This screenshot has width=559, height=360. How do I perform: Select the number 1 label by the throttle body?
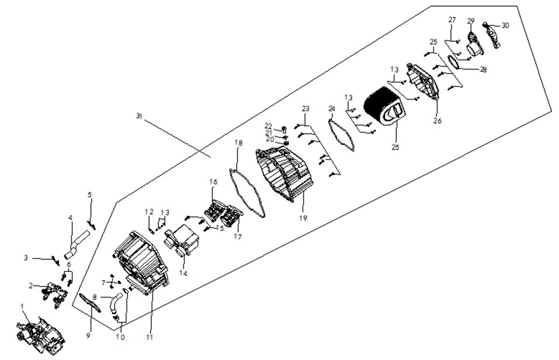point(22,306)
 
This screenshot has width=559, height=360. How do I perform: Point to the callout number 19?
point(303,218)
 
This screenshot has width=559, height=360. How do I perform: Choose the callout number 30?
point(505,25)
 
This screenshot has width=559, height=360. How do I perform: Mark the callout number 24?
point(332,108)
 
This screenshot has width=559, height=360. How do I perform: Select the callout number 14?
point(183,274)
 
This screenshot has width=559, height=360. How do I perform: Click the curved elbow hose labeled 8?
point(117,304)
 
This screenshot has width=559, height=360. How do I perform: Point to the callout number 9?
point(88,335)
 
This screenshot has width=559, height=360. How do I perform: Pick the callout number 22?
point(268,126)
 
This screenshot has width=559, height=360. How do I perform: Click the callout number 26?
point(438,120)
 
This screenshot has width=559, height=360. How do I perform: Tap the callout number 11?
point(150,337)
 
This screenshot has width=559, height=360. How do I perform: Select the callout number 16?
point(213,182)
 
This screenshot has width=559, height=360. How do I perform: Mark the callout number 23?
point(305,108)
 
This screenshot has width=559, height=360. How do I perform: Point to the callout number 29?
point(471,20)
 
